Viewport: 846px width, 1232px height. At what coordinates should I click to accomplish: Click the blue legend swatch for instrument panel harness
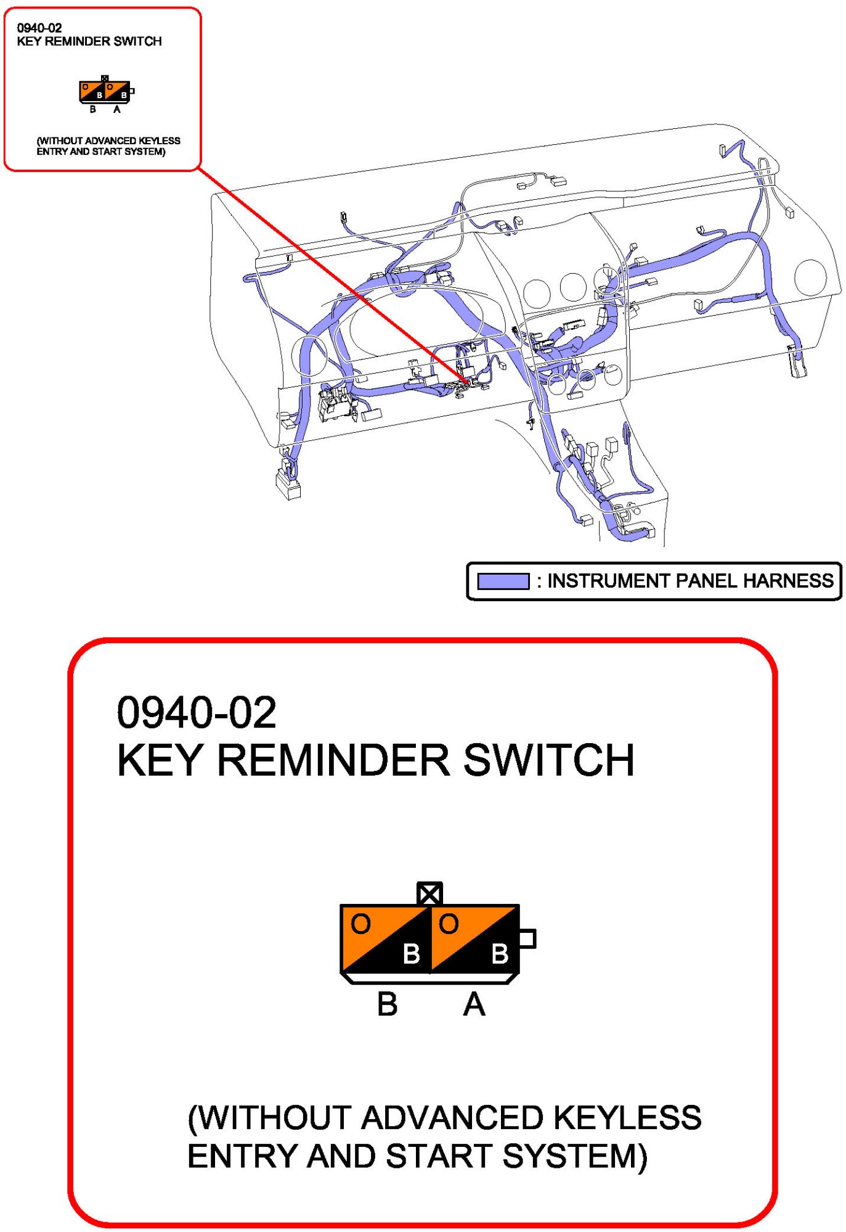pyautogui.click(x=503, y=581)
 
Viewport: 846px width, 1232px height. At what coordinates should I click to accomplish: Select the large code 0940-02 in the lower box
pyautogui.click(x=197, y=712)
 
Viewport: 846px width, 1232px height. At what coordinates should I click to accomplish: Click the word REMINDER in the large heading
pyautogui.click(x=333, y=760)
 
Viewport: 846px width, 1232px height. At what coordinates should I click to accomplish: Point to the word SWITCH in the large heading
pyautogui.click(x=548, y=760)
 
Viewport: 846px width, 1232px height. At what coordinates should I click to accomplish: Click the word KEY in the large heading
pyautogui.click(x=160, y=760)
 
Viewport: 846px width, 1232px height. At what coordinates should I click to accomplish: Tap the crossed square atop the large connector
pyautogui.click(x=429, y=893)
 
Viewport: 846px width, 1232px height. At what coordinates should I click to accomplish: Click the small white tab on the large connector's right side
pyautogui.click(x=527, y=938)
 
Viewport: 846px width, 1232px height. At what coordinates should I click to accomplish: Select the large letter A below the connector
pyautogui.click(x=474, y=1004)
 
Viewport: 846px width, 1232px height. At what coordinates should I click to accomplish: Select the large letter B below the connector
pyautogui.click(x=387, y=1004)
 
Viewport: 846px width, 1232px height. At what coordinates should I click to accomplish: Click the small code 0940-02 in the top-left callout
pyautogui.click(x=39, y=28)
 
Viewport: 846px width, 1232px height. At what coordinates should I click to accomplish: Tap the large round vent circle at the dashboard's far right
pyautogui.click(x=810, y=277)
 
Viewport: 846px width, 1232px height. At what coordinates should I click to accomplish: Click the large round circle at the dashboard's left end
pyautogui.click(x=309, y=355)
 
